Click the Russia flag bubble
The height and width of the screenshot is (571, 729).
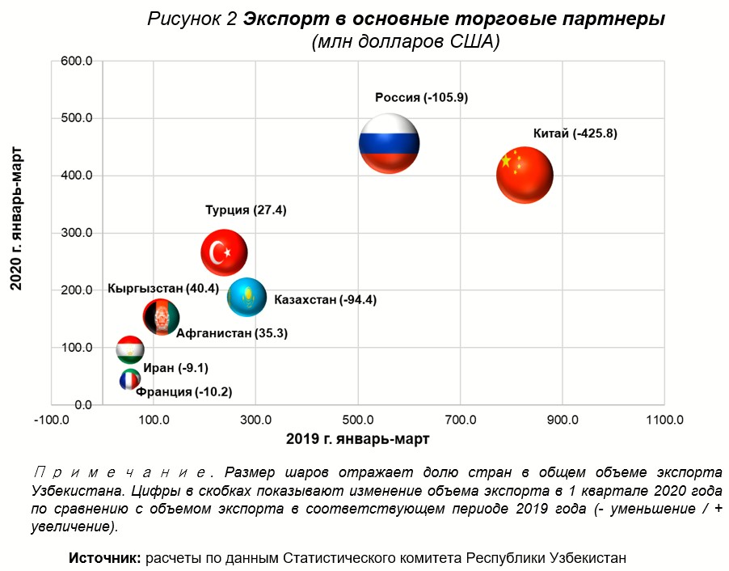tap(390, 144)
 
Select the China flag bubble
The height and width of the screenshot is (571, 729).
tap(525, 175)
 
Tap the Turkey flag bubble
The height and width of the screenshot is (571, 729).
tap(224, 253)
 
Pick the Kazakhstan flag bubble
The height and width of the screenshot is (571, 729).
tap(247, 297)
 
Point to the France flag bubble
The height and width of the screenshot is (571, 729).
tap(129, 380)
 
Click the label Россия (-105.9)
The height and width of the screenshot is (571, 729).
tap(421, 98)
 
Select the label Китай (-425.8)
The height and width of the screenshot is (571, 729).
tap(575, 134)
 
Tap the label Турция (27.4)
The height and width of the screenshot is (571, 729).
tap(246, 210)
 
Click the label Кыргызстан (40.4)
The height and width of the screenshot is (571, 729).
tap(162, 289)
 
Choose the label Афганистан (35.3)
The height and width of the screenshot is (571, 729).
tap(232, 332)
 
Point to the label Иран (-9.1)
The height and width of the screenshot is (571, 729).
tap(175, 369)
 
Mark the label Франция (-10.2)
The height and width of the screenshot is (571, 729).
tap(184, 392)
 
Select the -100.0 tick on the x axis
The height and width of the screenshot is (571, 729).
tap(53, 420)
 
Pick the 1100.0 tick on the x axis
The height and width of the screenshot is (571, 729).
tap(664, 420)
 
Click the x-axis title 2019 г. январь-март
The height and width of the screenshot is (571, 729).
tap(357, 439)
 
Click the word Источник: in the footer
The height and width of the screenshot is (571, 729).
tap(105, 558)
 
